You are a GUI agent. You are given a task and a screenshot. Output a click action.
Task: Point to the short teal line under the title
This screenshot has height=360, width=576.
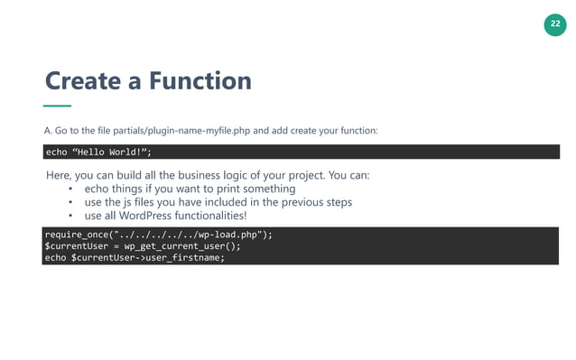click(x=57, y=106)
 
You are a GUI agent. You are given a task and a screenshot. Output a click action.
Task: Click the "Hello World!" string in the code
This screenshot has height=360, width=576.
click(x=110, y=152)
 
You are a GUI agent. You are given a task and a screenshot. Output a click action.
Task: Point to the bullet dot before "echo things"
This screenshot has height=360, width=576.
click(x=70, y=189)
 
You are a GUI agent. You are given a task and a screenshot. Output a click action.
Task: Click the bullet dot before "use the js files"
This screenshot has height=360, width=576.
click(x=70, y=203)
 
